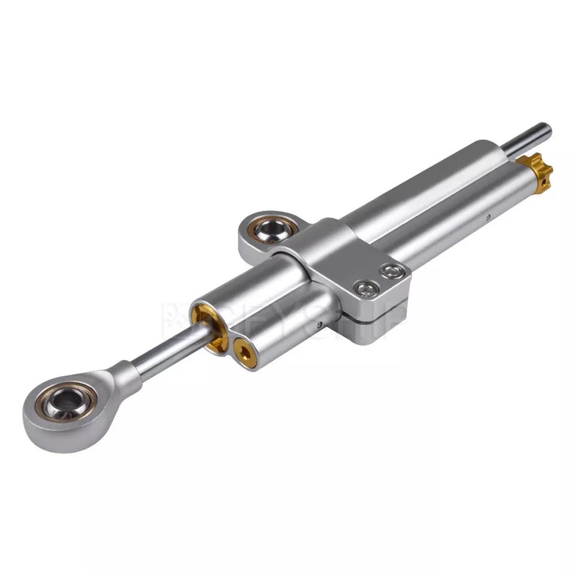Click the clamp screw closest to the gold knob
(392, 271)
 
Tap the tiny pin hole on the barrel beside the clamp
(321, 325)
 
